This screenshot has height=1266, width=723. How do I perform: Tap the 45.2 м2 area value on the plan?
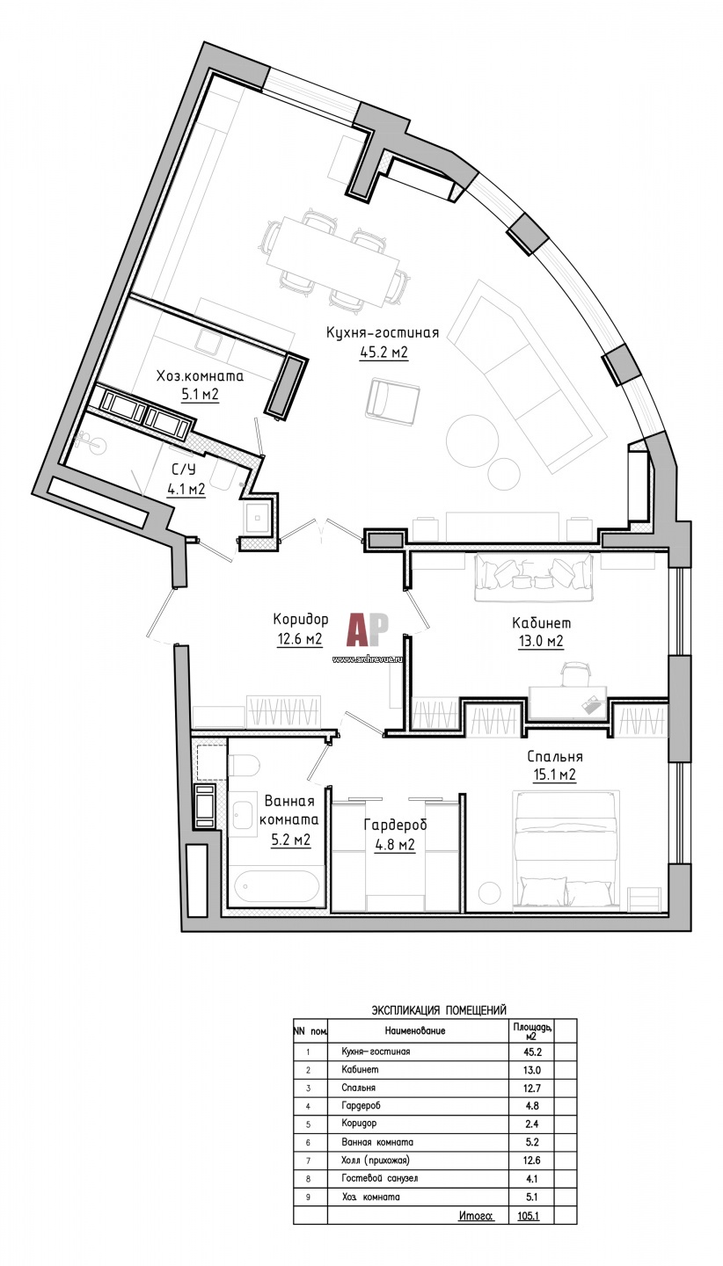pyautogui.click(x=384, y=353)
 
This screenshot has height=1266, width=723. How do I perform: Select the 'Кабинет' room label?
pyautogui.click(x=537, y=622)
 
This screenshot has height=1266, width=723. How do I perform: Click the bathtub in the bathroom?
pyautogui.click(x=274, y=885)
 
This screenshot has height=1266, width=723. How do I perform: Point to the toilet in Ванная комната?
pyautogui.click(x=244, y=764)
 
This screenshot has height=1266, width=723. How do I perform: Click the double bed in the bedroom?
pyautogui.click(x=566, y=848)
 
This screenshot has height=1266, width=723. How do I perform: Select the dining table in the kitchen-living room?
pyautogui.click(x=332, y=258)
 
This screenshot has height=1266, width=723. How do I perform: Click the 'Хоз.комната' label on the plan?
pyautogui.click(x=200, y=375)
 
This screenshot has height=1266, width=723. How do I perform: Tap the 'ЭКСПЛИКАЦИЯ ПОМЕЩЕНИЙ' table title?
pyautogui.click(x=439, y=1010)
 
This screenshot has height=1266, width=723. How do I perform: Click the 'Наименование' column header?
pyautogui.click(x=414, y=1030)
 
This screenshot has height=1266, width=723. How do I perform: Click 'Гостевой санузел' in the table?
pyautogui.click(x=379, y=1178)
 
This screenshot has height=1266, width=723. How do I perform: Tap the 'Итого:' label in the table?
pyautogui.click(x=475, y=1216)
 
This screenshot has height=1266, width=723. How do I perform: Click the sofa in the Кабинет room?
pyautogui.click(x=537, y=577)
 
